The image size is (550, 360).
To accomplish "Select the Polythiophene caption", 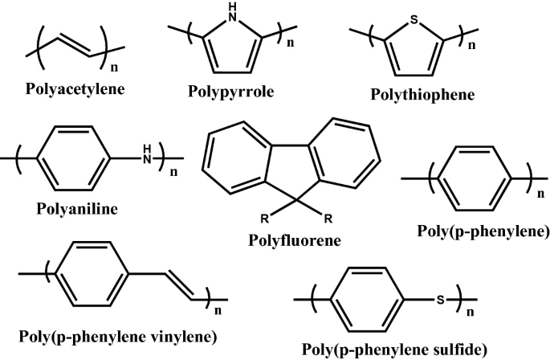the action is point(422,95).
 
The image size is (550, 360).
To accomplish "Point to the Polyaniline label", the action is point(77,209).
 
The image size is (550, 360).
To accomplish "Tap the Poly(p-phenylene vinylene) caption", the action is point(118,335).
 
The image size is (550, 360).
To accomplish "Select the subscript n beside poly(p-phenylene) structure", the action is point(536,194).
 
